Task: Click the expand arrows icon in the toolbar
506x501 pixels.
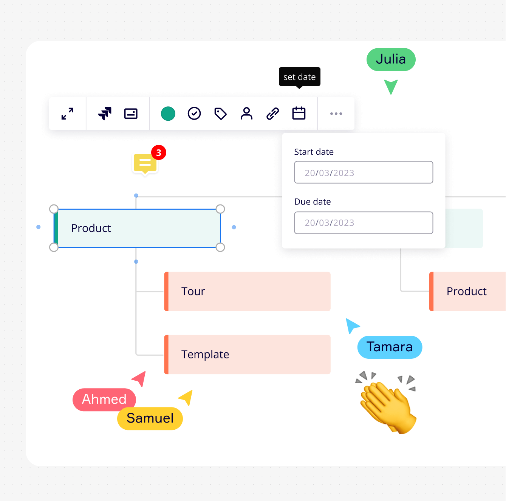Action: pyautogui.click(x=68, y=114)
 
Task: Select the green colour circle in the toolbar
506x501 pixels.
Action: pyautogui.click(x=168, y=114)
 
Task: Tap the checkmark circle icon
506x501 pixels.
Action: pyautogui.click(x=194, y=114)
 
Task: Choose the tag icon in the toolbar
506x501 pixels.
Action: pyautogui.click(x=220, y=114)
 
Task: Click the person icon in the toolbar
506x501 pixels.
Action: pyautogui.click(x=246, y=114)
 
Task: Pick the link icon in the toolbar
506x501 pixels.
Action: pyautogui.click(x=272, y=114)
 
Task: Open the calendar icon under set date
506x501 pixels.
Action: pyautogui.click(x=299, y=114)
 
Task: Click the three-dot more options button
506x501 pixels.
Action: pyautogui.click(x=336, y=114)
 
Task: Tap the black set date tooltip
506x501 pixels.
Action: pyautogui.click(x=299, y=77)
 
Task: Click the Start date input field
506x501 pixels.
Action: pyautogui.click(x=364, y=172)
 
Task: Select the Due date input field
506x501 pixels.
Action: pyautogui.click(x=364, y=223)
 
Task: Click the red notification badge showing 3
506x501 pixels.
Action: pyautogui.click(x=159, y=153)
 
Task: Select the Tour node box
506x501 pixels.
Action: pyautogui.click(x=248, y=291)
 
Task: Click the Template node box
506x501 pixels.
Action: pyautogui.click(x=248, y=354)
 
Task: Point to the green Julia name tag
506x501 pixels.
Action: pyautogui.click(x=391, y=60)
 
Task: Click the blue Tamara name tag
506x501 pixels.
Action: pyautogui.click(x=390, y=347)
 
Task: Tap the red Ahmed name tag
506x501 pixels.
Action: pyautogui.click(x=104, y=400)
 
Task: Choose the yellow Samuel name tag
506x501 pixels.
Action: pyautogui.click(x=150, y=418)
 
